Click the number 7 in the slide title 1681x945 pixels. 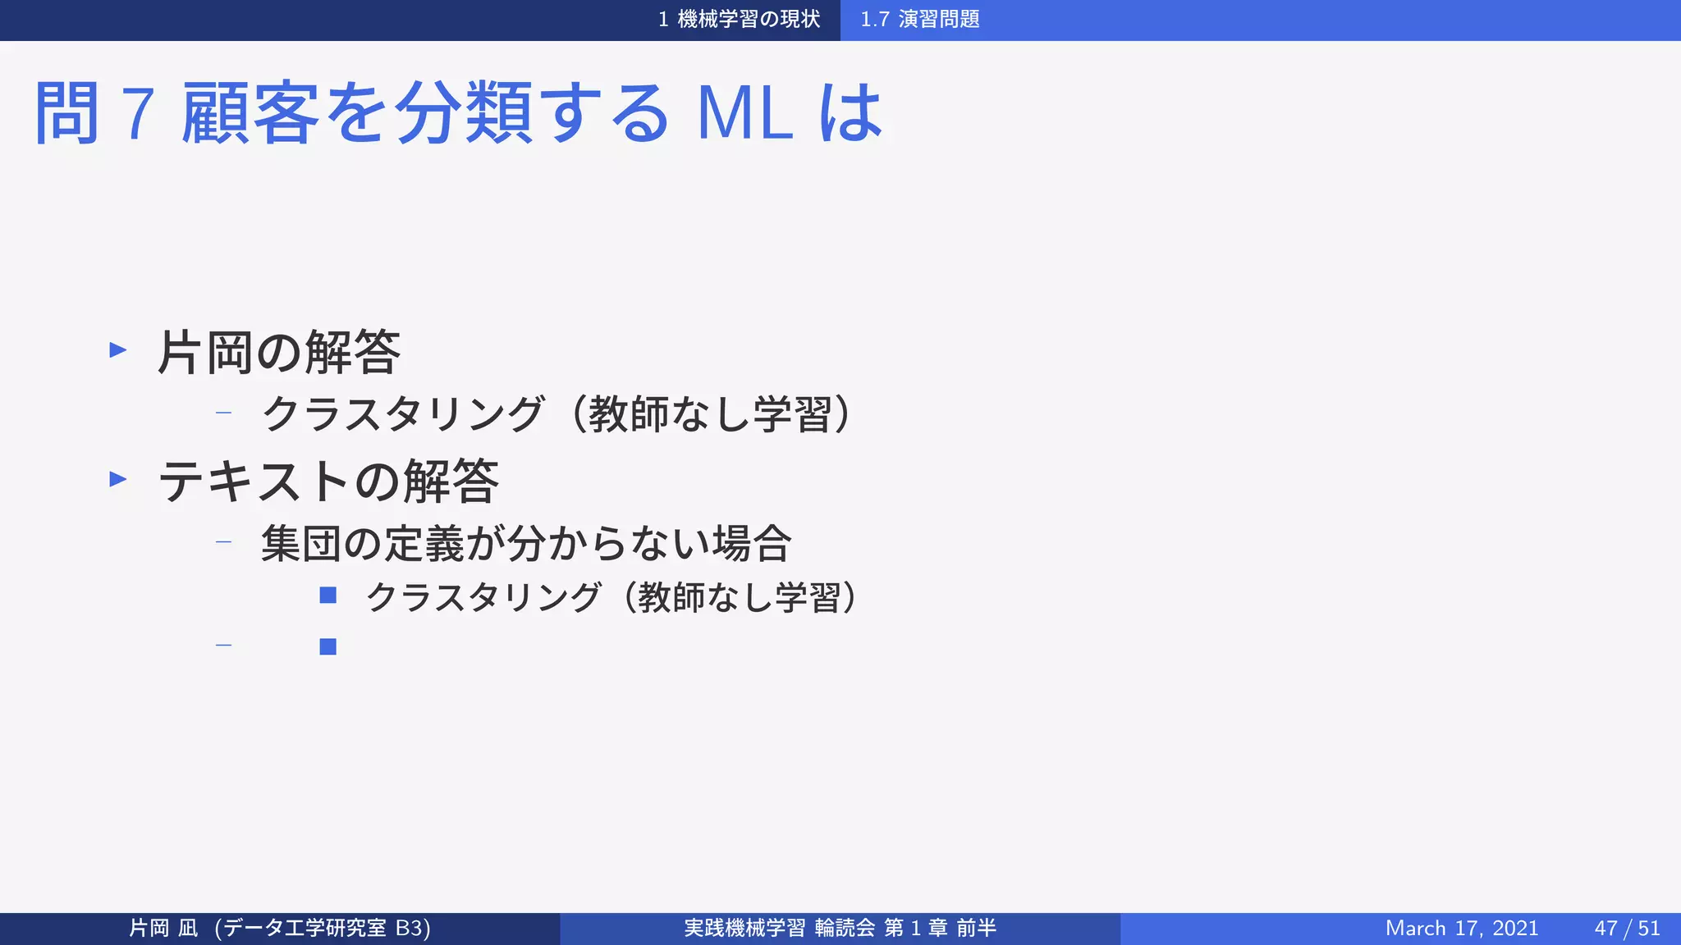(x=138, y=113)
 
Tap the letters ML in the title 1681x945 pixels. (x=744, y=113)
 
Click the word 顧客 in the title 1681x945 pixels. (x=250, y=113)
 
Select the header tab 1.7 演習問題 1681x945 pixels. (x=919, y=19)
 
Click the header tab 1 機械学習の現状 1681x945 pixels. (x=739, y=19)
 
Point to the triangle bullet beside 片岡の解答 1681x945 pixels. (x=118, y=350)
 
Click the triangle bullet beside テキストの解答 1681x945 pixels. (x=118, y=479)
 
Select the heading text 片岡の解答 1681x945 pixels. (x=279, y=353)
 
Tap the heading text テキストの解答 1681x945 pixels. (x=328, y=482)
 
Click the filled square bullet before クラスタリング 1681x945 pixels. (x=328, y=596)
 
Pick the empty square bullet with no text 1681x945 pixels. (x=328, y=647)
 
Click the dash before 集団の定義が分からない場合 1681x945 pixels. (x=223, y=542)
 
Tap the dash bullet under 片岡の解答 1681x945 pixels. (x=223, y=413)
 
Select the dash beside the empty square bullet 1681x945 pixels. (x=223, y=646)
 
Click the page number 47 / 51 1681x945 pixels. (x=1627, y=929)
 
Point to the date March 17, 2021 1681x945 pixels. (x=1461, y=929)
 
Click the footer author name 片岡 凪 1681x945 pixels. (x=163, y=929)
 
